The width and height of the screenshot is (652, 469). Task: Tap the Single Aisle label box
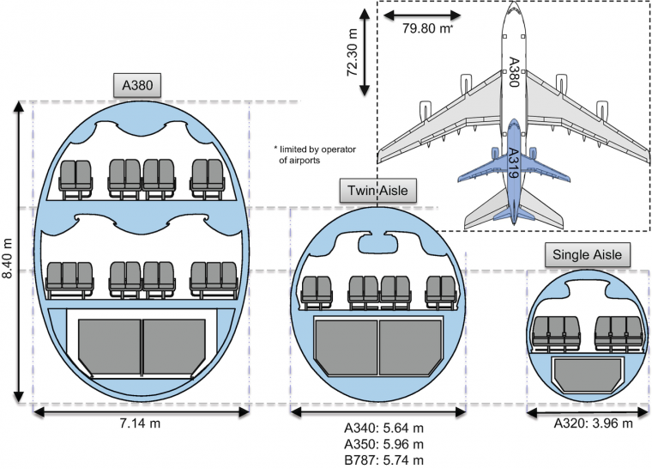tap(587, 254)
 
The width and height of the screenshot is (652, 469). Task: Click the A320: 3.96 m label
tap(593, 423)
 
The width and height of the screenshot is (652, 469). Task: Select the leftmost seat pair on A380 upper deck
tap(75, 175)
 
